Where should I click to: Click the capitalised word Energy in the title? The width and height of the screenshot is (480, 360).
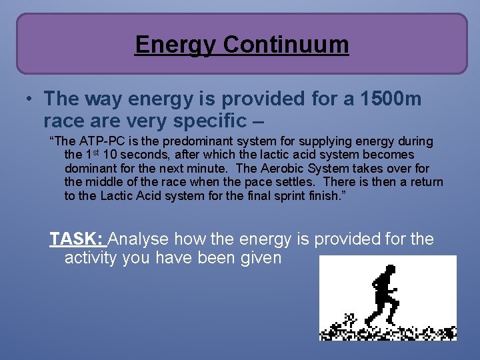pos(176,45)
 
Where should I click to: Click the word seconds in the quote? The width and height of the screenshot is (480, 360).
pos(147,155)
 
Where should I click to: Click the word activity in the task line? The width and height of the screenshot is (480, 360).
pos(91,257)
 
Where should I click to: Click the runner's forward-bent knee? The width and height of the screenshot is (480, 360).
pos(398,303)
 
